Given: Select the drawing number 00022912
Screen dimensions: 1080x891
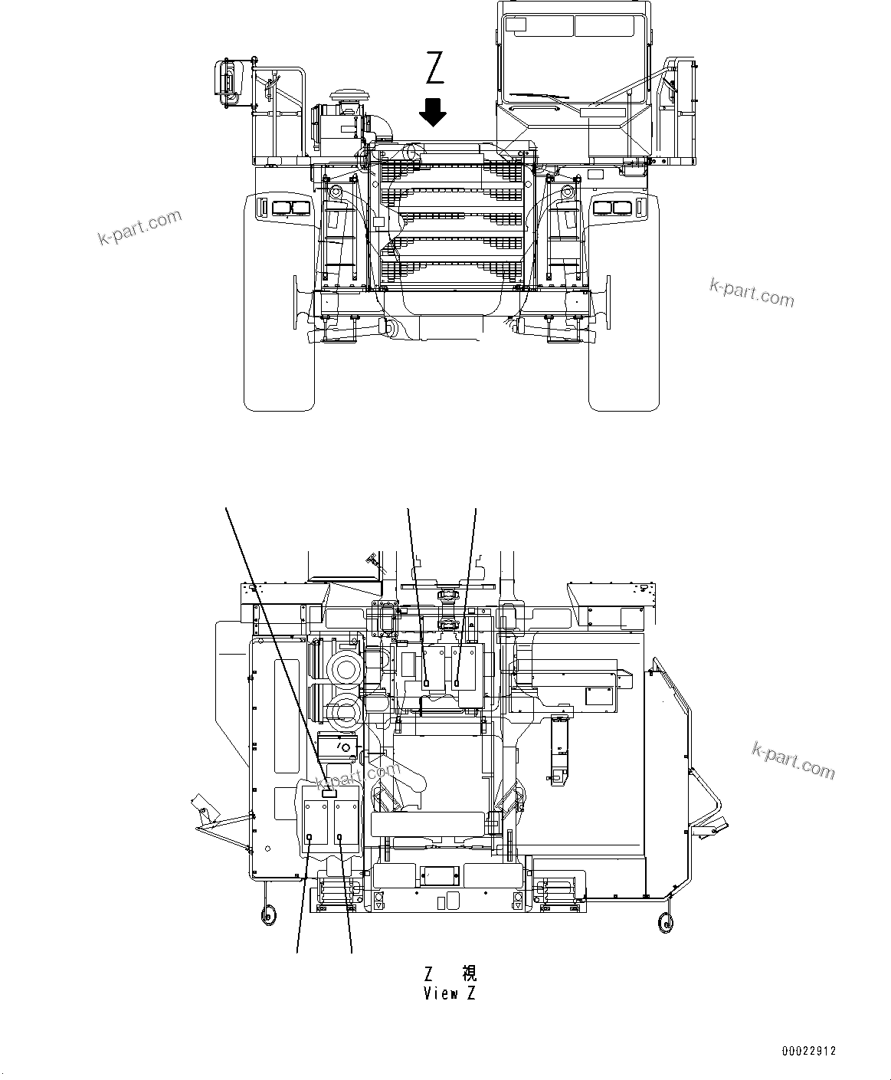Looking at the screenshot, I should point(809,1050).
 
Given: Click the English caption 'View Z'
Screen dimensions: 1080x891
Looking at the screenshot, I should point(450,994).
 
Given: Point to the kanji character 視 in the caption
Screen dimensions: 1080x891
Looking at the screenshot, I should point(469,973).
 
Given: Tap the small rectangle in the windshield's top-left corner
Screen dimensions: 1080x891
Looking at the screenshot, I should point(516,25).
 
